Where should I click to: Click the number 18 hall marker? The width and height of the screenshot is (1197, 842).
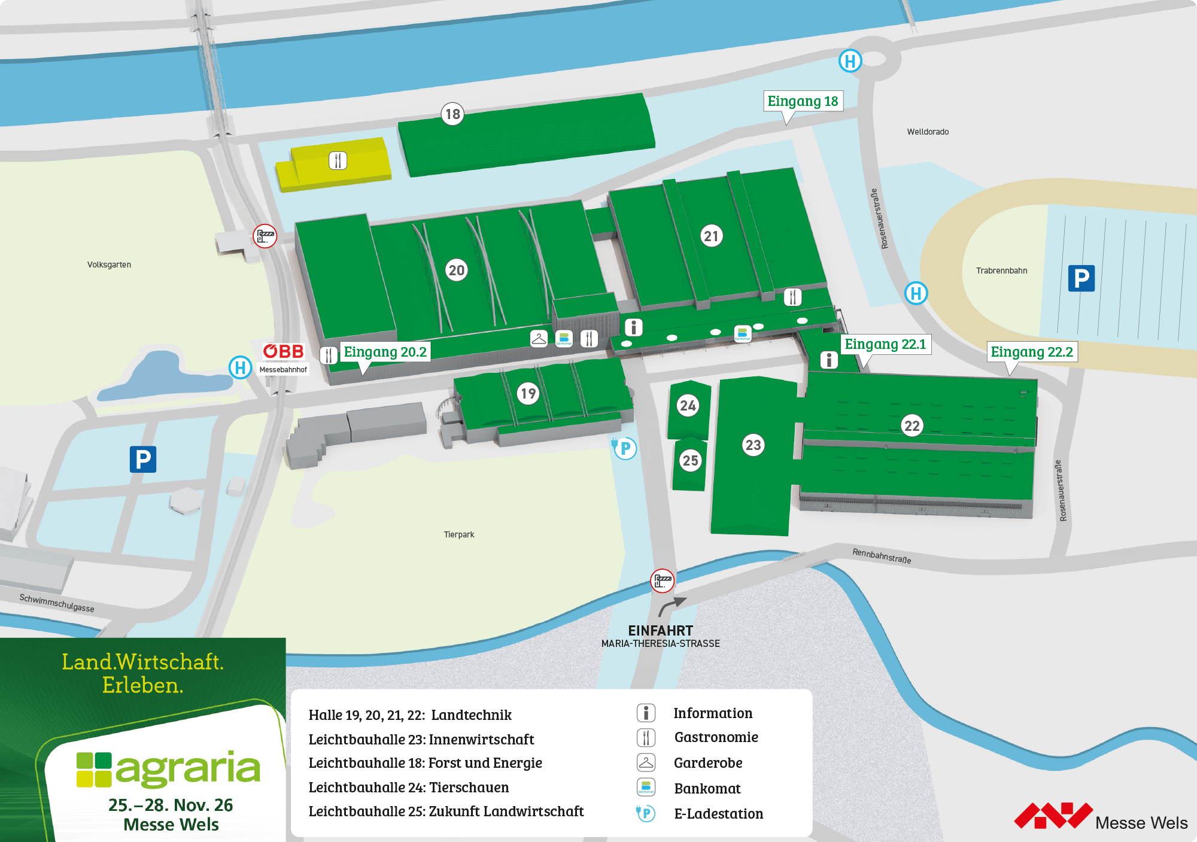(452, 114)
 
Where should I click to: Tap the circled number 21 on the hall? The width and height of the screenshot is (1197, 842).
(711, 236)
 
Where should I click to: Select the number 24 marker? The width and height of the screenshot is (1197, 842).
(688, 406)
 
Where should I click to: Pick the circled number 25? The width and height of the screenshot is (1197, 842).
(690, 460)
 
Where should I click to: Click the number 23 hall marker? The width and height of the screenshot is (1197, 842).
(753, 445)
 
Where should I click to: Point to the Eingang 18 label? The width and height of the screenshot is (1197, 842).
(803, 101)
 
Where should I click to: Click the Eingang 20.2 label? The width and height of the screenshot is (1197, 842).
(385, 352)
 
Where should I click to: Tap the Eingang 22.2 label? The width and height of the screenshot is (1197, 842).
(1031, 352)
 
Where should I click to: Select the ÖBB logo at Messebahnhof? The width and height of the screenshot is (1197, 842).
(284, 351)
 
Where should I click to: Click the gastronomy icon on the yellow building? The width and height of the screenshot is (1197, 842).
(338, 160)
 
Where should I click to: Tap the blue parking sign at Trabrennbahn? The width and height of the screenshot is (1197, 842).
(1081, 278)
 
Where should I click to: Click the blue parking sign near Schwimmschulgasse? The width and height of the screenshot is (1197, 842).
(143, 459)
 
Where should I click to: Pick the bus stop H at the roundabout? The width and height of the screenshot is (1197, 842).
(850, 60)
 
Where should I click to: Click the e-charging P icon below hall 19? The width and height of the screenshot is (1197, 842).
(624, 448)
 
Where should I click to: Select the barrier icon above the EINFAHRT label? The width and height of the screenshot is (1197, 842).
(662, 580)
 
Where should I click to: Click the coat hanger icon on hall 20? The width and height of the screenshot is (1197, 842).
(539, 339)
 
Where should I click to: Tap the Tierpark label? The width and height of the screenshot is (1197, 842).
(458, 534)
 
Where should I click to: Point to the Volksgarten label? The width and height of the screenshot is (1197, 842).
(109, 265)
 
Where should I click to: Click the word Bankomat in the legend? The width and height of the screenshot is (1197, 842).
(707, 788)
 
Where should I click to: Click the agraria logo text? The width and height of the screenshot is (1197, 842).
(187, 769)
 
